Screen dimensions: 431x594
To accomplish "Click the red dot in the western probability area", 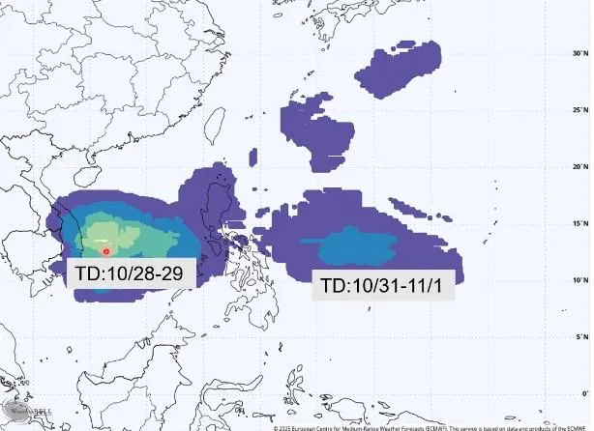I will coord(105,251).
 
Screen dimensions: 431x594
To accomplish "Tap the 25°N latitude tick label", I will coord(579,109).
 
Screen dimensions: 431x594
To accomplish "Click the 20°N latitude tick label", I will coord(579,166).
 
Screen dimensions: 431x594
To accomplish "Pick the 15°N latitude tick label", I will coord(579,223).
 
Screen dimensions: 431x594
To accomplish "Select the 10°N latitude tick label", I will coord(579,280).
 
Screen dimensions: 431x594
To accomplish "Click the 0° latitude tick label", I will coord(583,393).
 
